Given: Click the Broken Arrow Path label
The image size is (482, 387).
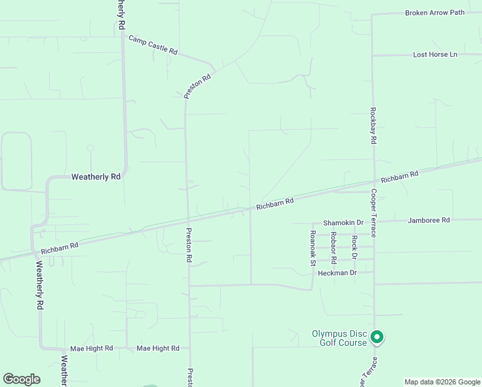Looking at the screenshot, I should coord(434,13).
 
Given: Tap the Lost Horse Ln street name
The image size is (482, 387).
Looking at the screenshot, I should coord(435,55).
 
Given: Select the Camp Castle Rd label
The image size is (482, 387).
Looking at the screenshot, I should coord(153,45).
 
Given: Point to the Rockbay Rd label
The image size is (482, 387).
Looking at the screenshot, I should coord(373,121).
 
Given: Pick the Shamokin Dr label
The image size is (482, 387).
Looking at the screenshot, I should coord(343,222).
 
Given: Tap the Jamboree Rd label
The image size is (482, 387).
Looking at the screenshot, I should coord(429,220).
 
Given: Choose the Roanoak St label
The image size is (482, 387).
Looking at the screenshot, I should coord(313,248).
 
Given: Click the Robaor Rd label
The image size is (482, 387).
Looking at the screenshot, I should coord(334,248).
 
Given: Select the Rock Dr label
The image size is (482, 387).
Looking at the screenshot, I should coord(354,248).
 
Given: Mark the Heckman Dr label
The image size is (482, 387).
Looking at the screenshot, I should coord(337,273).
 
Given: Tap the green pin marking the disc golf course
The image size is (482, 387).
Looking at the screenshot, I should coord(377,337).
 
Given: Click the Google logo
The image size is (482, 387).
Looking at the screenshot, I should coord(21,379).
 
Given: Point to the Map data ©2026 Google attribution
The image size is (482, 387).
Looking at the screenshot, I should coord(442,382).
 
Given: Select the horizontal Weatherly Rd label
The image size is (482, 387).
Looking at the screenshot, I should coord(95,176).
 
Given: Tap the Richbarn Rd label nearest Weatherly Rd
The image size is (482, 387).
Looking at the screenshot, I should coord(59,247).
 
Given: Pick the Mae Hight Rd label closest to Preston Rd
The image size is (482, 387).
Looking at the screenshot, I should coord(158,348).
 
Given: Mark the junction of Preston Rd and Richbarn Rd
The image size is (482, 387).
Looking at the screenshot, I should coord(188,219).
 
